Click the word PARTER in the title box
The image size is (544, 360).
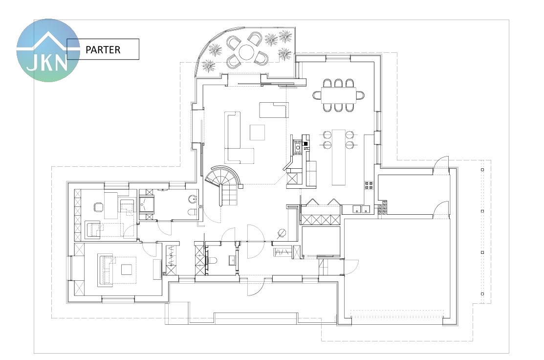point(103,49)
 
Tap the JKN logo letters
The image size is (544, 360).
point(47,63)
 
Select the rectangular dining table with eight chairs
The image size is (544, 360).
point(339,95)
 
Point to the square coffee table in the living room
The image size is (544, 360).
point(258,132)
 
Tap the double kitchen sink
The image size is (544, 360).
point(361,209)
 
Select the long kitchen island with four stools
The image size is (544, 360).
point(339,157)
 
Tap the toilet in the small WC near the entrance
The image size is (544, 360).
point(212,260)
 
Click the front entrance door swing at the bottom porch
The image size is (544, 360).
point(255,288)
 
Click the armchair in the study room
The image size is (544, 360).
point(93,229)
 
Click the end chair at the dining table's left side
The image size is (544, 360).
point(317,95)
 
